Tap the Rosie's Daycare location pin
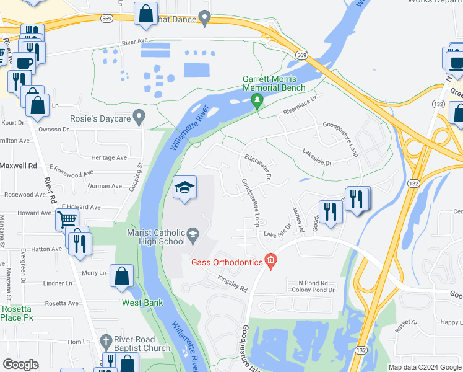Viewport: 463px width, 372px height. coord(140,117)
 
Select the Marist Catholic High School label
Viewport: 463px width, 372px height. coord(155,237)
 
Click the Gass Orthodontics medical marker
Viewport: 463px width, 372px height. coord(270,261)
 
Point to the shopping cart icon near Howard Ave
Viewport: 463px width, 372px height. coord(67,219)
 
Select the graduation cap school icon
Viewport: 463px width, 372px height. coord(184,188)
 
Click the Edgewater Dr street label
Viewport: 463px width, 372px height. coord(258,167)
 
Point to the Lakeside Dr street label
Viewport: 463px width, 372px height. coord(318,157)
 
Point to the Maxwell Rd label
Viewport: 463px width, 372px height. coord(19,166)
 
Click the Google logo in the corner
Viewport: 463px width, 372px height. coord(21,365)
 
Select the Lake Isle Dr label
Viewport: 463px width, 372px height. coord(277,231)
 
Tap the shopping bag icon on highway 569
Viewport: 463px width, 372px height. coord(145,15)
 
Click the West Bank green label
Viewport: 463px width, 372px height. coord(142,303)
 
